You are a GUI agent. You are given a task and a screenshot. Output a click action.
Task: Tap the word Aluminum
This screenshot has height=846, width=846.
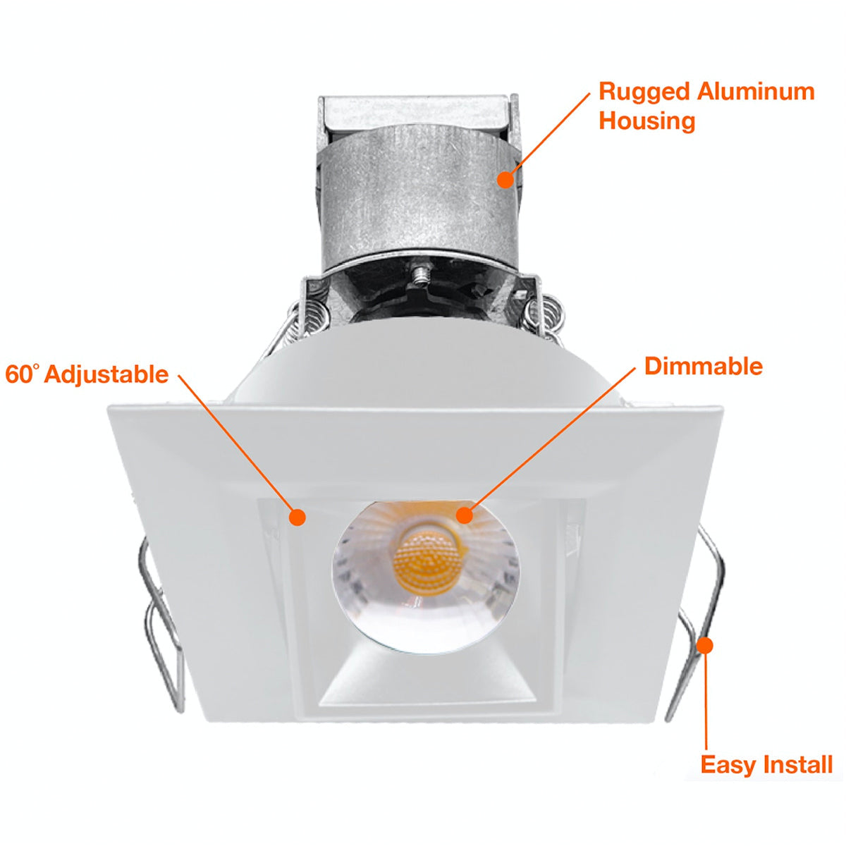(x=756, y=92)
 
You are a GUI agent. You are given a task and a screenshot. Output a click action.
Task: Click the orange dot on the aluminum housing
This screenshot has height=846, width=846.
(x=505, y=179)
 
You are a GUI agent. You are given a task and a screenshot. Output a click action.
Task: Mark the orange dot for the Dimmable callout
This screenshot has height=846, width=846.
(x=465, y=515)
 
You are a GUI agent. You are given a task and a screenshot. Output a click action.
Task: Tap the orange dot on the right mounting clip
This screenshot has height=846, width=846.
(x=704, y=645)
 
